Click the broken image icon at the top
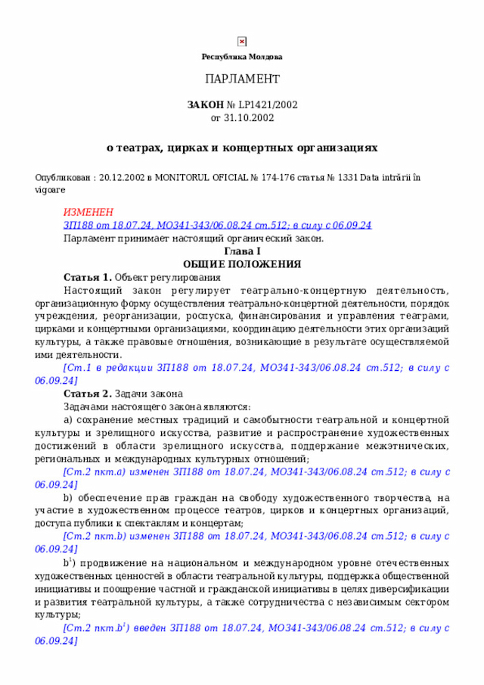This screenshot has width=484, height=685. pyautogui.click(x=242, y=42)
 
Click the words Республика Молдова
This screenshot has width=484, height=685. pyautogui.click(x=242, y=57)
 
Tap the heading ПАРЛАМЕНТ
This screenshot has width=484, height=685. pyautogui.click(x=242, y=79)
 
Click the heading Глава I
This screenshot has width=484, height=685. pyautogui.click(x=242, y=251)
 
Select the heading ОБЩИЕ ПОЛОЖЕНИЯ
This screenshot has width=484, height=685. pyautogui.click(x=242, y=264)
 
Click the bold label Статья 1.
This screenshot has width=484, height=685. pyautogui.click(x=88, y=277)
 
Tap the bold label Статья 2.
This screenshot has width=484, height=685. pyautogui.click(x=88, y=394)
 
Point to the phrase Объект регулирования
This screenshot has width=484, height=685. pyautogui.click(x=157, y=277)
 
